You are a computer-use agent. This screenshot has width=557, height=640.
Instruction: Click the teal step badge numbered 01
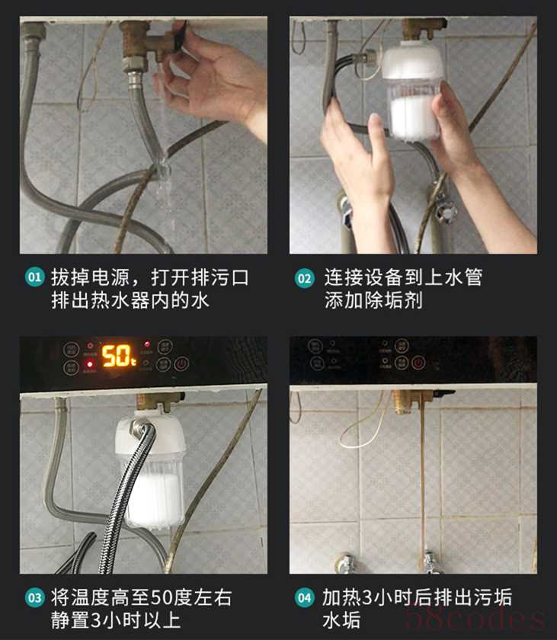pyautogui.click(x=35, y=277)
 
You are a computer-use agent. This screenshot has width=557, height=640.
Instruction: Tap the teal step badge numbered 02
pyautogui.click(x=305, y=278)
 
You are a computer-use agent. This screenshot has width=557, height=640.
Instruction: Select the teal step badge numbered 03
pyautogui.click(x=35, y=598)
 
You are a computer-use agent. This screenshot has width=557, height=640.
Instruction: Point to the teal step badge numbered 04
pyautogui.click(x=305, y=598)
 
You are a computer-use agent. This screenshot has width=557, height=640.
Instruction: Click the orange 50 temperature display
pyautogui.click(x=118, y=356)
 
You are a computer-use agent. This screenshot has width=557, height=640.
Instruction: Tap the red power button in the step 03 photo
pyautogui.click(x=181, y=363)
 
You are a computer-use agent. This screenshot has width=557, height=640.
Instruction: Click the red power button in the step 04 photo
pyautogui.click(x=418, y=362)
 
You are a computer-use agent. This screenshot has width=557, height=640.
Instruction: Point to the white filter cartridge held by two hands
pyautogui.click(x=412, y=90)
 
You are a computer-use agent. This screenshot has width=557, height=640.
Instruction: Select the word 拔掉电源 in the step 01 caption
pyautogui.click(x=91, y=278)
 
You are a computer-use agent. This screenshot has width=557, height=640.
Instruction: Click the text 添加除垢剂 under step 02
pyautogui.click(x=373, y=300)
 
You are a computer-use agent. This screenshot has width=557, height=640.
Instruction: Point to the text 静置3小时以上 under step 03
pyautogui.click(x=116, y=620)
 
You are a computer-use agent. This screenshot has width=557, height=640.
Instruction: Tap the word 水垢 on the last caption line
pyautogui.click(x=341, y=620)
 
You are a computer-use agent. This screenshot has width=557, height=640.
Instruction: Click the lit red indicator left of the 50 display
pyautogui.click(x=90, y=363)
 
